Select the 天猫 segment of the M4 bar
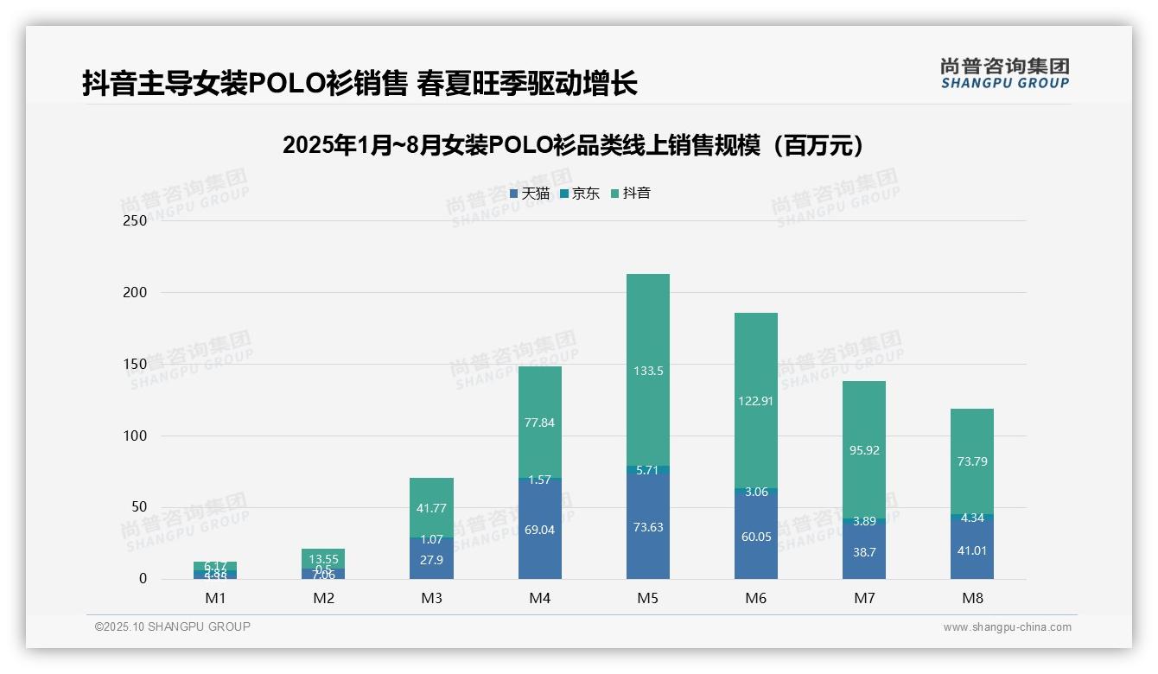539,553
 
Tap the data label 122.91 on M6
756,400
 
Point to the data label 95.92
864,450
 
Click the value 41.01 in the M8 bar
972,550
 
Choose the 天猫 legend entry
530,194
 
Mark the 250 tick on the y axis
136,220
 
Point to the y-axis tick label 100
136,436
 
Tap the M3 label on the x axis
431,598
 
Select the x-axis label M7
864,598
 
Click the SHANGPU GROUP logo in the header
1005,73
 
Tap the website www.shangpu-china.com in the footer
1007,627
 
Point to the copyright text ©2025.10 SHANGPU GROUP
173,626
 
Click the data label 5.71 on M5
647,471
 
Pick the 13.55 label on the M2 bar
323,558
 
